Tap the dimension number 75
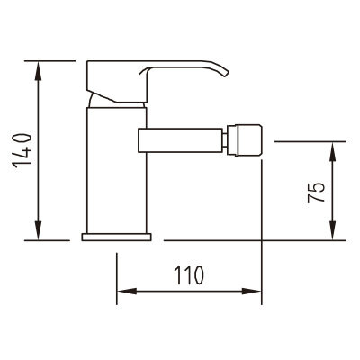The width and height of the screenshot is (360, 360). pos(316,193)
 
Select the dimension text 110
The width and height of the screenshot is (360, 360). pos(189,275)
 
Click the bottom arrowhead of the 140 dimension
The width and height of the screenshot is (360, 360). pos(38,230)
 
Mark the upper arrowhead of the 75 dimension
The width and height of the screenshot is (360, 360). pos(333,151)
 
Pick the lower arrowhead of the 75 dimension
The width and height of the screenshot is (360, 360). pos(333,230)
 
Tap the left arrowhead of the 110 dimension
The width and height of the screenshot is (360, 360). pos(127,291)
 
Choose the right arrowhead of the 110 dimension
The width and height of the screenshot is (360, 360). pos(252,291)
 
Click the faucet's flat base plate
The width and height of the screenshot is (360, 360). pos(116,237)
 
